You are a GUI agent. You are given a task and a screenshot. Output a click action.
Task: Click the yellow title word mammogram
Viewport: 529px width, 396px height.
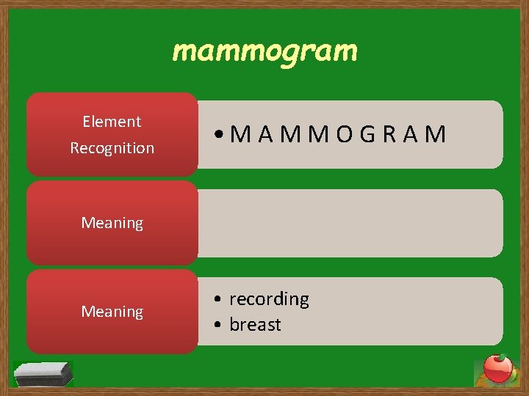[x=264, y=51]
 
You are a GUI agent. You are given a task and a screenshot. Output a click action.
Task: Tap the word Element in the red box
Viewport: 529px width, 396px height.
[x=112, y=122]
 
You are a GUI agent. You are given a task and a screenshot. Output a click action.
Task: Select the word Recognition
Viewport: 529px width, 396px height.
[x=112, y=148]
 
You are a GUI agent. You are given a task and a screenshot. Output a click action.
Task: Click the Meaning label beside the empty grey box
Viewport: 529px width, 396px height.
[x=112, y=223]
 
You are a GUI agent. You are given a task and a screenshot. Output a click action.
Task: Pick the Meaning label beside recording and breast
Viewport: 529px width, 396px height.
[x=112, y=312]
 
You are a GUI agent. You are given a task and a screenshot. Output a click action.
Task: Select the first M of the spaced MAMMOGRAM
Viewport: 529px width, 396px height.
[x=240, y=134]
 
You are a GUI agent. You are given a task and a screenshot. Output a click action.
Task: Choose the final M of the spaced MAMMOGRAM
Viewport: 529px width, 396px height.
[x=436, y=134]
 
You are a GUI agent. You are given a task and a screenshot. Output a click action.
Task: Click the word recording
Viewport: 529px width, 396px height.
[x=269, y=299]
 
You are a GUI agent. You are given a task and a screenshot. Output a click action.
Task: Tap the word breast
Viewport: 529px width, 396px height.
[x=255, y=325]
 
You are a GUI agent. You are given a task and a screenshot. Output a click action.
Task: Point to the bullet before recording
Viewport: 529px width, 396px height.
[x=219, y=299]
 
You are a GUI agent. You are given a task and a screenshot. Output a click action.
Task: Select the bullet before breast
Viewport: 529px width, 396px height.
[x=219, y=325]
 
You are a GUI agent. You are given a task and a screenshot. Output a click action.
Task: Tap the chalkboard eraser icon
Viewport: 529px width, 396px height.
[x=44, y=373]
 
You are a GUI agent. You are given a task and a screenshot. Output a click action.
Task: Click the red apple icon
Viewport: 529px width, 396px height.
[x=497, y=369]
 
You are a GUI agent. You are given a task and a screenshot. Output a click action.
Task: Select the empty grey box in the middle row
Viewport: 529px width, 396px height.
[x=350, y=223]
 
